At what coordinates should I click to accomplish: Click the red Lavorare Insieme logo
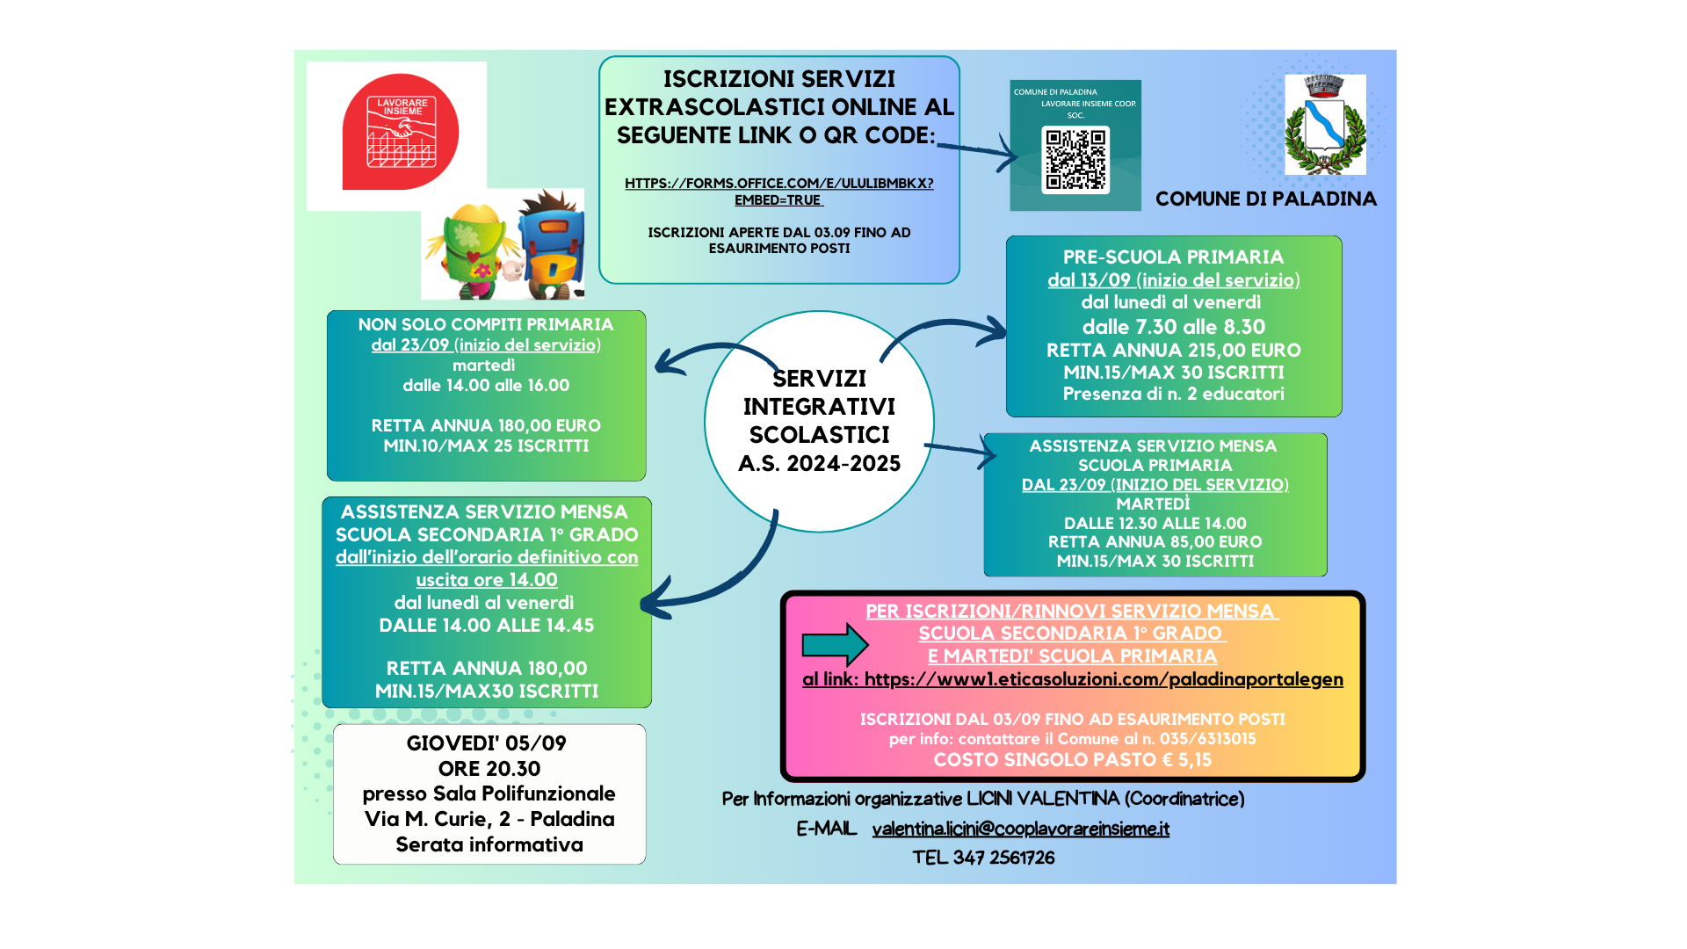(401, 132)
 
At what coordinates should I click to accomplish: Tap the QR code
(1075, 160)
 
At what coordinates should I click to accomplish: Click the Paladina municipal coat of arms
(1325, 125)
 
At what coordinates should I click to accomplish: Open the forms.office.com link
(779, 192)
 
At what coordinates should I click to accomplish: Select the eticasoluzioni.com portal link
(1104, 679)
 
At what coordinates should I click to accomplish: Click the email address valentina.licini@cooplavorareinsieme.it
(1021, 829)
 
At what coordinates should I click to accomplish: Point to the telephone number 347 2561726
(1003, 858)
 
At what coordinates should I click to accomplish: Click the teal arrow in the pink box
(835, 645)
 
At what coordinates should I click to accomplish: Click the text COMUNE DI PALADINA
(1266, 199)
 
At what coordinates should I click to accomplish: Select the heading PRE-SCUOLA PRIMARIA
(1173, 257)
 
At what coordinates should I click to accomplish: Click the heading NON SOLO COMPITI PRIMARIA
(486, 324)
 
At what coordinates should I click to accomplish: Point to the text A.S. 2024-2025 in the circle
(820, 463)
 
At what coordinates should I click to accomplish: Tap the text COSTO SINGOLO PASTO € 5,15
(1072, 760)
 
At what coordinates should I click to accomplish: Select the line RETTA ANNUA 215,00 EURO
(1173, 350)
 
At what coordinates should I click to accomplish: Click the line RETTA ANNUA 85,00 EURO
(1155, 542)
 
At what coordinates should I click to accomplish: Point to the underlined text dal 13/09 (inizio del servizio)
(1174, 280)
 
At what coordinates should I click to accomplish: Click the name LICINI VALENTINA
(1043, 799)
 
